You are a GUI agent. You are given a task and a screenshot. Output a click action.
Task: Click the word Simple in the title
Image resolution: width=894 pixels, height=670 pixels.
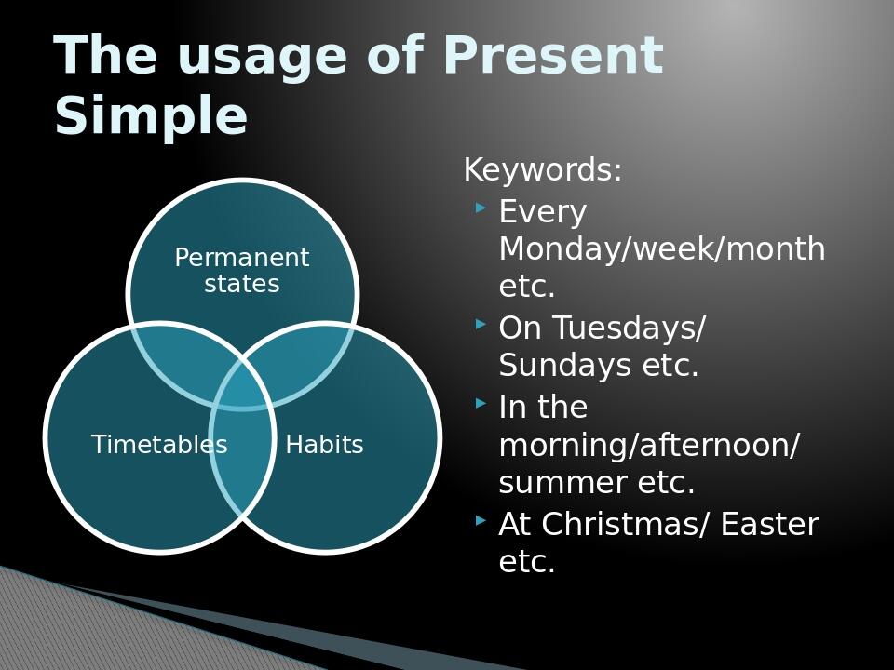(151, 117)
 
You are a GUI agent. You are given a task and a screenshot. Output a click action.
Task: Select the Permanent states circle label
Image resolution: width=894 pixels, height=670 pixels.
(242, 271)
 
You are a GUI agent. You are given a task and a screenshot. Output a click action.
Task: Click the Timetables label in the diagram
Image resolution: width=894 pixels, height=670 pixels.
(159, 445)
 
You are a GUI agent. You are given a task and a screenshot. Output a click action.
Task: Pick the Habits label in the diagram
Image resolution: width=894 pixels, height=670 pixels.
(324, 445)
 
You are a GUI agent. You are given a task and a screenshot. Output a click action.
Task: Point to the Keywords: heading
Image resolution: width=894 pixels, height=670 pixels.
(543, 170)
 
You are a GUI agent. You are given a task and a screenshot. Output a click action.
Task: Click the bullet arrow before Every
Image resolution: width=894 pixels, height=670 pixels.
(481, 208)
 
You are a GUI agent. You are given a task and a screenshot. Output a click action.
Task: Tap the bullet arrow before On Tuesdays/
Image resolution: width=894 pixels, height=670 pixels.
(481, 325)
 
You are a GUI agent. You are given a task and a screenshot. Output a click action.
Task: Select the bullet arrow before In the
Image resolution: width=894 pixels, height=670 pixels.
(481, 404)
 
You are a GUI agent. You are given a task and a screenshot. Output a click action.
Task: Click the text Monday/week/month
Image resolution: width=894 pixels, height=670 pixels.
(662, 249)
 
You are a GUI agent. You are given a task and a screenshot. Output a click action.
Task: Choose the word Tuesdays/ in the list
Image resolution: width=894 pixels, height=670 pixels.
(630, 328)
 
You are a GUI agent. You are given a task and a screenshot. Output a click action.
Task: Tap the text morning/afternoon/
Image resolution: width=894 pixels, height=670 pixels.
(649, 446)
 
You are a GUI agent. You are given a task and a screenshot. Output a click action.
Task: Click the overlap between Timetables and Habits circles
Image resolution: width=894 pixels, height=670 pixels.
(242, 461)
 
